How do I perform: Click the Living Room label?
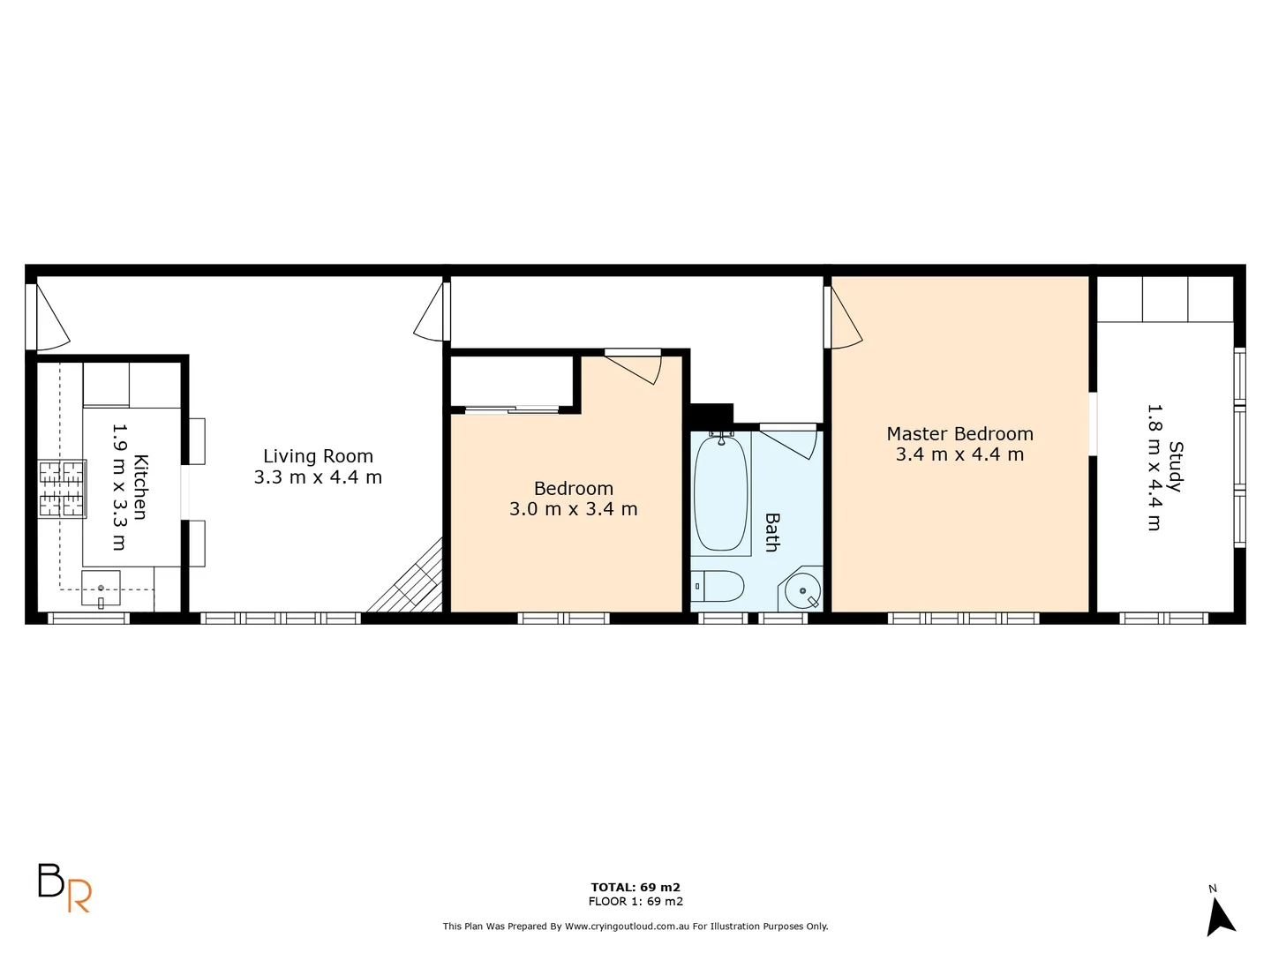click(318, 456)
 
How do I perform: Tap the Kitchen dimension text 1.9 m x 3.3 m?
click(119, 486)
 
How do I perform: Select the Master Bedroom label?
click(959, 434)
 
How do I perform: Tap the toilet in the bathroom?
click(717, 586)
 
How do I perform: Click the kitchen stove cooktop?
click(62, 489)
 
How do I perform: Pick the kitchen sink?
click(101, 589)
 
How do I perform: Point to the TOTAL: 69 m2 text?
click(635, 887)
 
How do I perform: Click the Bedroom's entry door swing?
click(638, 366)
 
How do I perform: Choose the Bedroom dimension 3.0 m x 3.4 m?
click(574, 509)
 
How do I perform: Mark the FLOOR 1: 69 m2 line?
click(635, 901)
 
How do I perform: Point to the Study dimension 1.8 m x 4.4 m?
click(1154, 467)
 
